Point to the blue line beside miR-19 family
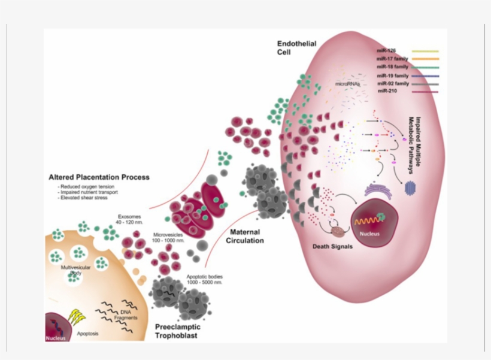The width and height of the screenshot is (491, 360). [x=425, y=75]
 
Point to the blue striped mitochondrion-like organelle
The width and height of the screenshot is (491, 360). [x=411, y=188]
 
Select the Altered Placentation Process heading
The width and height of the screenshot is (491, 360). [x=99, y=177]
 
